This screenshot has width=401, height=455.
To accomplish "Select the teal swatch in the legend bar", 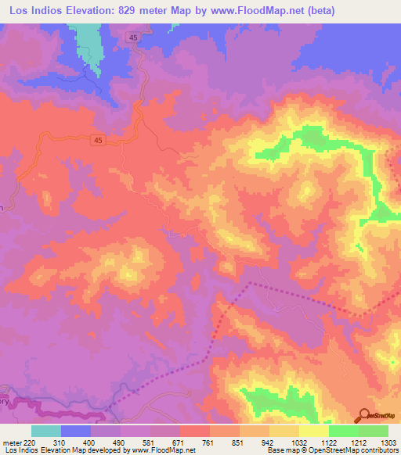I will (46, 432).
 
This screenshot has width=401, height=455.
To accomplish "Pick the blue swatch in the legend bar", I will (76, 432).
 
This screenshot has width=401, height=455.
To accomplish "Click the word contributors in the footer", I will (378, 450).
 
